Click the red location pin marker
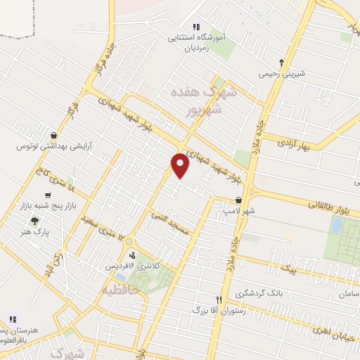pos(181,165)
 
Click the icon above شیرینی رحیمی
pos(282,62)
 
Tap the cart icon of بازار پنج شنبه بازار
pos(47,195)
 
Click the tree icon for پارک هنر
pos(34,221)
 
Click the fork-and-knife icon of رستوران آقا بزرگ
pos(219,299)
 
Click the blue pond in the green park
pos(337,226)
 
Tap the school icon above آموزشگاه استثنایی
pos(195,27)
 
